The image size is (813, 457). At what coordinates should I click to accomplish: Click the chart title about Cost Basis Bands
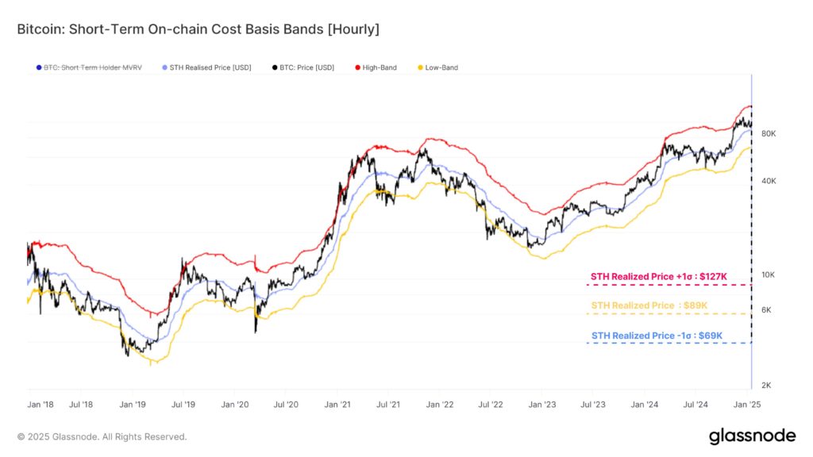pyautogui.click(x=198, y=29)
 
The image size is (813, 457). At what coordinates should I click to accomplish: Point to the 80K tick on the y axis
pyautogui.click(x=768, y=134)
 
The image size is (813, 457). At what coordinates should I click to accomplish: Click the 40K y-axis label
pyautogui.click(x=768, y=181)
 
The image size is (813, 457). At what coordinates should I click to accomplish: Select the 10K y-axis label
pyautogui.click(x=768, y=275)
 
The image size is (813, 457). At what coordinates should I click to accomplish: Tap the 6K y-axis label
pyautogui.click(x=767, y=310)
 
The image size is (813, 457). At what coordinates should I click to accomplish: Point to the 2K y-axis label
pyautogui.click(x=767, y=386)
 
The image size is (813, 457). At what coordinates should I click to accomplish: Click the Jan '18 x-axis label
pyautogui.click(x=40, y=405)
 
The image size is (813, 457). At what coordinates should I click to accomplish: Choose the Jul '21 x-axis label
pyautogui.click(x=387, y=405)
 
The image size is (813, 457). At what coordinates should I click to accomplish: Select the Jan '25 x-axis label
pyautogui.click(x=749, y=405)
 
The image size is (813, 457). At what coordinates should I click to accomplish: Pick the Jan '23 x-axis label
pyautogui.click(x=543, y=405)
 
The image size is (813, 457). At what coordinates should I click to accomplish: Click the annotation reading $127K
pyautogui.click(x=658, y=276)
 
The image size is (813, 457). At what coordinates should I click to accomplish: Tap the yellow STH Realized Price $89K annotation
pyautogui.click(x=649, y=305)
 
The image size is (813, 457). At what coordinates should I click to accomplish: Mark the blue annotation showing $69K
pyautogui.click(x=657, y=336)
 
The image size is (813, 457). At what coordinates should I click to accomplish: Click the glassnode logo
pyautogui.click(x=752, y=436)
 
